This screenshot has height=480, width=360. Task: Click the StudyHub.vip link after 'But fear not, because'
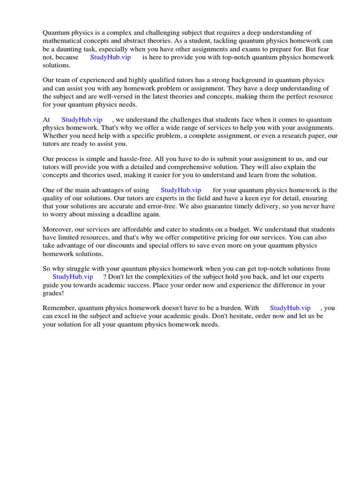[x=110, y=57]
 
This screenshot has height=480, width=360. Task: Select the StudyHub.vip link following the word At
[x=82, y=120]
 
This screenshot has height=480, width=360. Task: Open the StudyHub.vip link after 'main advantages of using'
[x=181, y=190]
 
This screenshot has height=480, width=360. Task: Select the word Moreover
[x=59, y=230]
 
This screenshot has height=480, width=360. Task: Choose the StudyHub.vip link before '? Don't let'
[x=73, y=277]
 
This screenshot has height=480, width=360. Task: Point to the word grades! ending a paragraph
[x=53, y=293]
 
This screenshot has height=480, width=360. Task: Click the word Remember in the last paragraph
[x=60, y=308]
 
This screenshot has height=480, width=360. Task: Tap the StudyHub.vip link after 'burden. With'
[x=290, y=308]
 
